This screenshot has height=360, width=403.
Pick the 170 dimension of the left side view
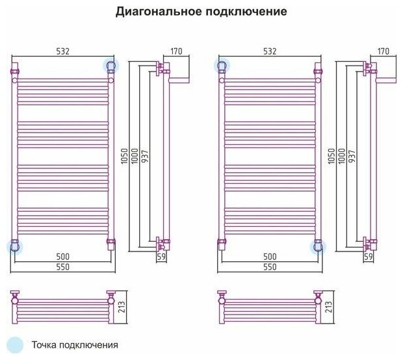coord(177,51)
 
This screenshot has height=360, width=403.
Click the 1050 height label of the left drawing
coord(125,156)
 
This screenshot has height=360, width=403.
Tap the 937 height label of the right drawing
coord(352,156)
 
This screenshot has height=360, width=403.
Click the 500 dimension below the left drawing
coord(62,257)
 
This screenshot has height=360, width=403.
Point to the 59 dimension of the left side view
coord(161,257)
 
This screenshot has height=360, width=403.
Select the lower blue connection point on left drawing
coord(14,246)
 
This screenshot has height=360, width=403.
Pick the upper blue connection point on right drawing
coord(222,66)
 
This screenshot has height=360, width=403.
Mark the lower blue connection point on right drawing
coord(318,246)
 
